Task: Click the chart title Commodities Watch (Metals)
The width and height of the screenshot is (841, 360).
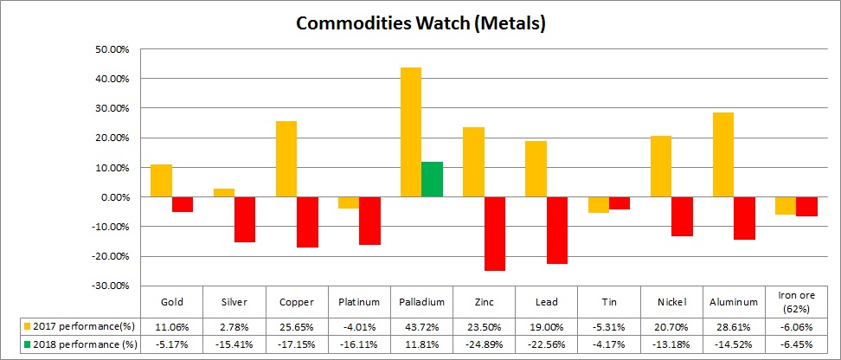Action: [x=420, y=22]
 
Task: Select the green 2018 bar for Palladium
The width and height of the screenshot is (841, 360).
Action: [x=433, y=179]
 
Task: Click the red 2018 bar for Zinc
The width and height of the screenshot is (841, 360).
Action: [x=495, y=234]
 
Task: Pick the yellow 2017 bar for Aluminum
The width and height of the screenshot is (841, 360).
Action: [x=723, y=154]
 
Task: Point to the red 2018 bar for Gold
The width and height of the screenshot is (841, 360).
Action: [x=183, y=204]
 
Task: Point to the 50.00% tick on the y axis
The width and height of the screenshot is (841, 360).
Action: [x=112, y=49]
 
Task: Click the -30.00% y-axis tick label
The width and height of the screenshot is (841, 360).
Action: [x=110, y=286]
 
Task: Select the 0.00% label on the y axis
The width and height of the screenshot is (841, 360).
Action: [x=113, y=197]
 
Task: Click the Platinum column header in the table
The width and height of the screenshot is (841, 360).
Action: [x=359, y=302]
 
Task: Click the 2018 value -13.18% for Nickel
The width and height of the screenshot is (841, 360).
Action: [x=671, y=345]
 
